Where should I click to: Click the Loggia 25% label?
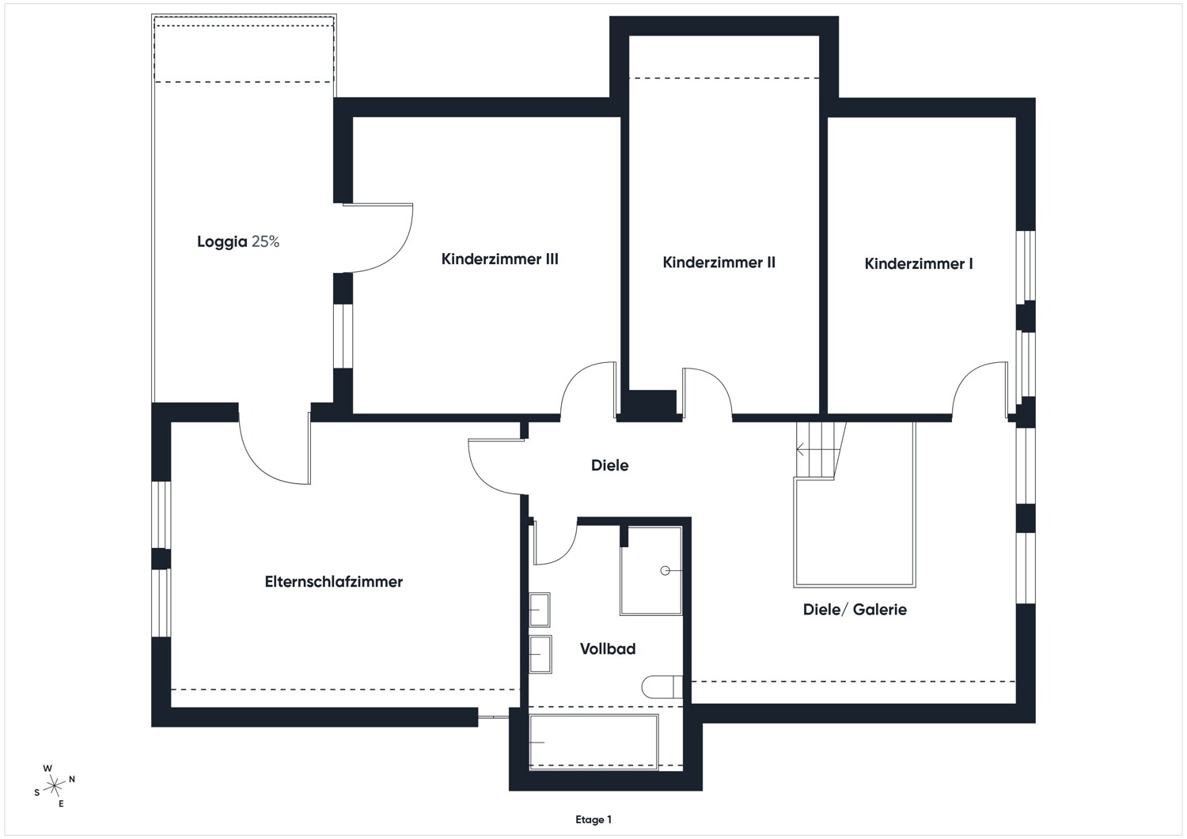pos(238,242)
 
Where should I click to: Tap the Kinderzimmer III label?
pos(499,259)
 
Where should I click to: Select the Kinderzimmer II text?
pos(719,263)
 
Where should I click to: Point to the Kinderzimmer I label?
pos(918,264)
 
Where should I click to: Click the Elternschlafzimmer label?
pos(334,581)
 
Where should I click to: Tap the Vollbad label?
pos(607,649)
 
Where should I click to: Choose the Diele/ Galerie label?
pos(855,610)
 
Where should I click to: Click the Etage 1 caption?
pos(593,819)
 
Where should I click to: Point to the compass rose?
pos(54,786)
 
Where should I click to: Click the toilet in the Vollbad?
pos(662,687)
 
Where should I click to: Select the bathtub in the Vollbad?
pos(593,742)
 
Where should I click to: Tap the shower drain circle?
pos(665,570)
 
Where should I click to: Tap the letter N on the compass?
pos(72,779)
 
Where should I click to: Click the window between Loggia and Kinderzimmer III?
pos(343,336)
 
